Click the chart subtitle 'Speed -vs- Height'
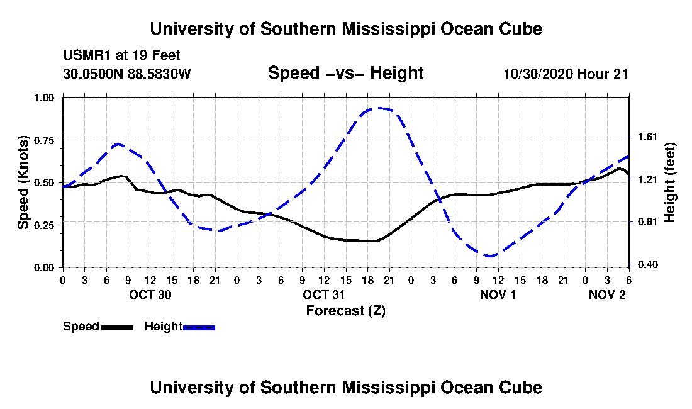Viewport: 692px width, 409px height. click(x=345, y=73)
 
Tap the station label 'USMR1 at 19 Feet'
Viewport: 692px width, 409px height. click(x=121, y=55)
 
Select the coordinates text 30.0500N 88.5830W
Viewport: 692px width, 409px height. click(x=126, y=74)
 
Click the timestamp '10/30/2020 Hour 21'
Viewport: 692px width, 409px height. click(x=566, y=74)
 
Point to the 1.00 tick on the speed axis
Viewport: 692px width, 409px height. click(x=44, y=98)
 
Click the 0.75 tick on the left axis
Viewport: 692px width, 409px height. click(x=44, y=140)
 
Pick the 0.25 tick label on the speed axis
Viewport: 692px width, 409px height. click(x=44, y=225)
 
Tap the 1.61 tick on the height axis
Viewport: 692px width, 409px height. click(x=648, y=137)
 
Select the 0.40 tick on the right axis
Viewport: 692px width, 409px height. click(x=648, y=264)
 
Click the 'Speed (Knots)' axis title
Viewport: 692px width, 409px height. click(x=23, y=182)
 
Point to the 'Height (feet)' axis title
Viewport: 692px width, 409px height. click(x=669, y=182)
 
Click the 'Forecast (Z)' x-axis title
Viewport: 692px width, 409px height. click(x=346, y=311)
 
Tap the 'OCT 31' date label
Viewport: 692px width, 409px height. click(x=324, y=294)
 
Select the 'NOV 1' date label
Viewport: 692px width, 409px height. click(x=498, y=294)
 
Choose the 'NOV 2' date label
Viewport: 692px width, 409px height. click(x=607, y=294)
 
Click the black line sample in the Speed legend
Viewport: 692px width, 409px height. click(x=118, y=327)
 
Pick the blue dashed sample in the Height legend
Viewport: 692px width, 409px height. click(x=199, y=327)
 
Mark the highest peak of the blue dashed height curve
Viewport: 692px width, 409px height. click(x=377, y=108)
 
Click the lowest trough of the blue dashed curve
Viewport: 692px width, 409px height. click(x=490, y=255)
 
